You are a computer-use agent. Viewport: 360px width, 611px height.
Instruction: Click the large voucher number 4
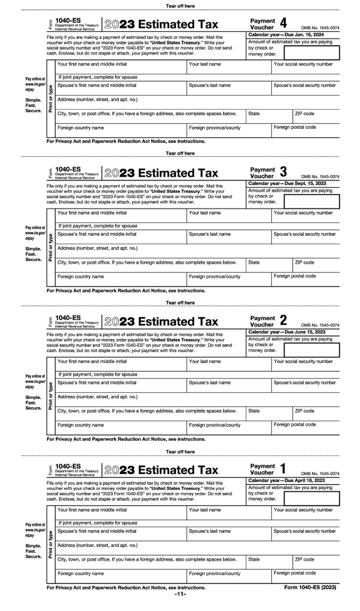click(x=283, y=23)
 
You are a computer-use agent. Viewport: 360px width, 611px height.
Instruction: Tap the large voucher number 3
click(x=283, y=172)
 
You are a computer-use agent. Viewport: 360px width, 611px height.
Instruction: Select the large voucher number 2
click(x=283, y=321)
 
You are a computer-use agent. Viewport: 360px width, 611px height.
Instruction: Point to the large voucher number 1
click(x=283, y=468)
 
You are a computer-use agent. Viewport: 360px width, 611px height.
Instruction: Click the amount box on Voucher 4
click(x=311, y=52)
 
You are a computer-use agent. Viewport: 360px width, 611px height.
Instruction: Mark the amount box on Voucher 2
click(x=311, y=350)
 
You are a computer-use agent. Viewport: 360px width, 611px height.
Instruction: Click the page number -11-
click(x=180, y=594)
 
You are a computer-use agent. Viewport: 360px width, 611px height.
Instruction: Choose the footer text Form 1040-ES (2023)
click(x=310, y=587)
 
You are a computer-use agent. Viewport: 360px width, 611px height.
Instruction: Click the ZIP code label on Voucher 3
click(x=304, y=262)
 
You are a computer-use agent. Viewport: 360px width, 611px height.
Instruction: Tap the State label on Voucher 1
click(x=254, y=559)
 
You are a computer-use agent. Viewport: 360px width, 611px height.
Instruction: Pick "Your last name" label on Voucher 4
click(x=205, y=64)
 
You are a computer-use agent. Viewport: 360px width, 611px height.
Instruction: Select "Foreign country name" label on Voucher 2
click(x=80, y=425)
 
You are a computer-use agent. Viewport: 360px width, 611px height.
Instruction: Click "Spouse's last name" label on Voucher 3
click(x=210, y=234)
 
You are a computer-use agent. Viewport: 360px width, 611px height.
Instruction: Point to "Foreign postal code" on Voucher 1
click(x=295, y=573)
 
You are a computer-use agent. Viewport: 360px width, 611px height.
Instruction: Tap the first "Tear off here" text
click(x=180, y=6)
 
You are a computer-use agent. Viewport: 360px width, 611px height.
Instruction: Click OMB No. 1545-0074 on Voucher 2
click(x=320, y=325)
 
